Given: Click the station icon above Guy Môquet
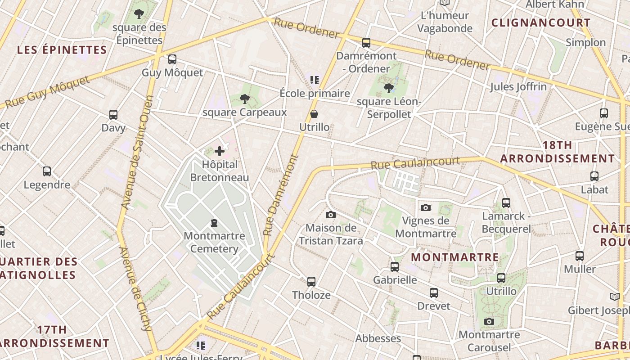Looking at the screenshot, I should (172, 59).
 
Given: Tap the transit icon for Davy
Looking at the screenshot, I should (113, 115).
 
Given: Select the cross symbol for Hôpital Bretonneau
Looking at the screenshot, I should (220, 151).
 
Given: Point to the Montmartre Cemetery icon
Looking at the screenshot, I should (214, 222).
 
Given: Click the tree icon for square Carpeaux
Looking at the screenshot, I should (245, 99).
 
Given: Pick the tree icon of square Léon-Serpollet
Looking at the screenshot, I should (389, 88).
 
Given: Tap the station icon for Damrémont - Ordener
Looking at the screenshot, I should (366, 43).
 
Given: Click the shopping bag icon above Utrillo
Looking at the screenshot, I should (314, 114).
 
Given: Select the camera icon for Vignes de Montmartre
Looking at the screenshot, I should (425, 207).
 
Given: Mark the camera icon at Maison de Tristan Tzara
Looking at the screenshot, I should (331, 215).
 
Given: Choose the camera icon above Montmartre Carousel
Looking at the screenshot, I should (489, 321).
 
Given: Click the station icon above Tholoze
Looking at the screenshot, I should (311, 282).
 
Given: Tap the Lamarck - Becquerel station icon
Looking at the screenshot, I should (506, 203).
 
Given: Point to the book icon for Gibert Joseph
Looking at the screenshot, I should (614, 297).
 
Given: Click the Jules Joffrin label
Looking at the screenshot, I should (518, 86).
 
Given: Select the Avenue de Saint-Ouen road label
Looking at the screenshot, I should (137, 153).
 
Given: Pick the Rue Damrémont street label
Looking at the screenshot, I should (281, 196).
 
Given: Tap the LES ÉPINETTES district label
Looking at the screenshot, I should (62, 50).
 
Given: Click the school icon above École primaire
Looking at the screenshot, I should (315, 80).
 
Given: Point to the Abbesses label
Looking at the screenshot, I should (378, 338).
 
